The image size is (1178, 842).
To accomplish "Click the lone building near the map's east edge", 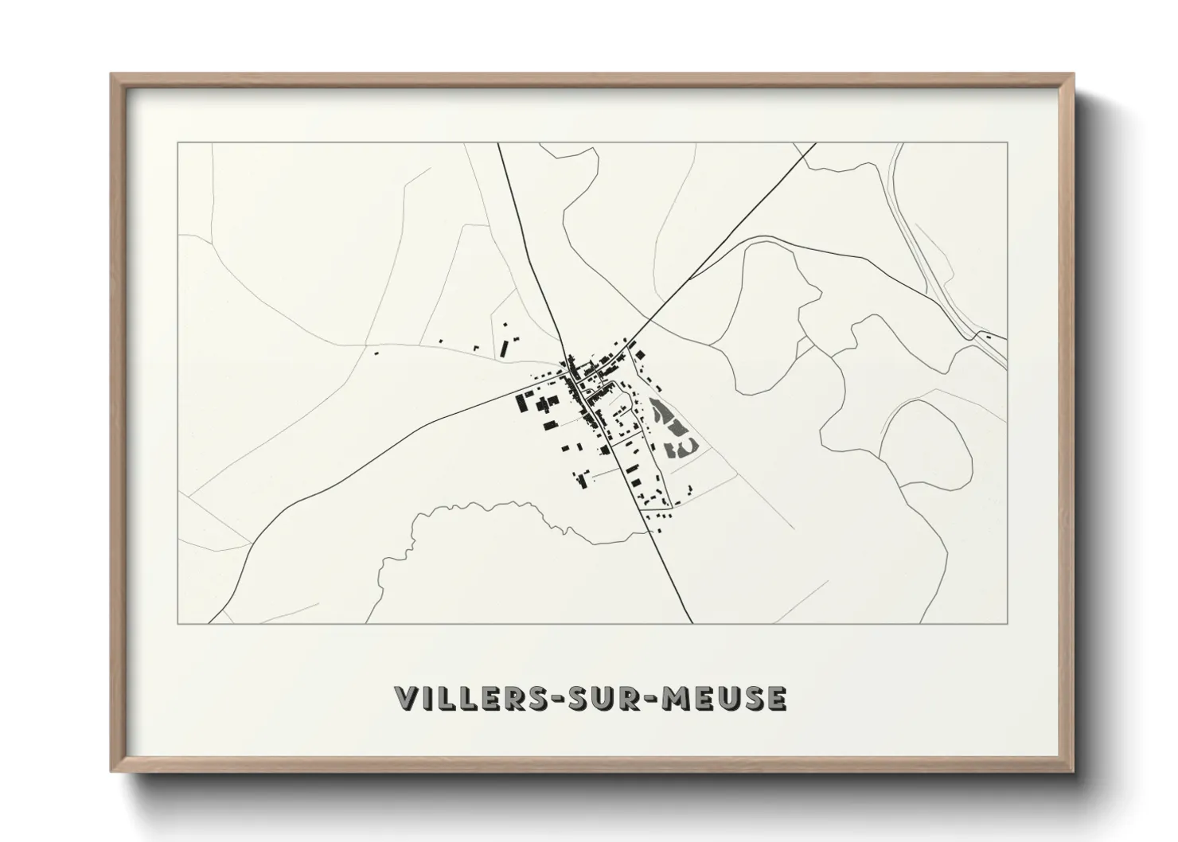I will [x=988, y=336].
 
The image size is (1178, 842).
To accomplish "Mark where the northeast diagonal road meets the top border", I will [x=816, y=143].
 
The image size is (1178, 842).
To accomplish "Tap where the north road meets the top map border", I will [x=499, y=143].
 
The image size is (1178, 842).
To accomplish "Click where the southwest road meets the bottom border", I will [x=210, y=623].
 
